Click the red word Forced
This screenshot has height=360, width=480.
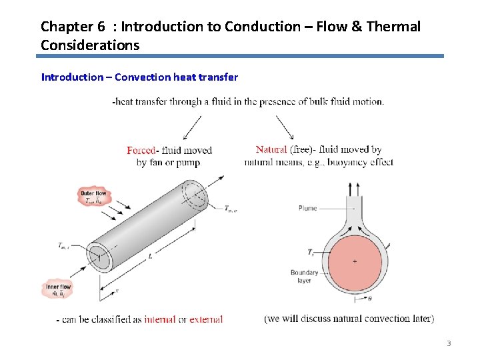coord(141,150)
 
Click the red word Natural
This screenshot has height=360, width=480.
coord(271,149)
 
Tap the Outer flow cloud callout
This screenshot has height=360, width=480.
coord(94,196)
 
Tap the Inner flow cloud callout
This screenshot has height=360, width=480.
coord(57,289)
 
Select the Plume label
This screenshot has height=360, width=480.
coord(307,209)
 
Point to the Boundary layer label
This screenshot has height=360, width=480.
coord(304,277)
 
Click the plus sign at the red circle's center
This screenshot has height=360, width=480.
coord(354,261)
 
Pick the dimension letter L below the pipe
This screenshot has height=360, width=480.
coord(151,255)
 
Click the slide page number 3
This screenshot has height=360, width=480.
coord(449,343)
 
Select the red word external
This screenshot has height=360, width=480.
coord(206,319)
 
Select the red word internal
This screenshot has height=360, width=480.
coord(160,319)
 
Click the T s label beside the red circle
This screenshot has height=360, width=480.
coord(311,252)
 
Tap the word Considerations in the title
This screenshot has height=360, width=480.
coord(90,45)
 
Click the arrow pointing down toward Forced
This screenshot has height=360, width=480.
coord(189,127)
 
